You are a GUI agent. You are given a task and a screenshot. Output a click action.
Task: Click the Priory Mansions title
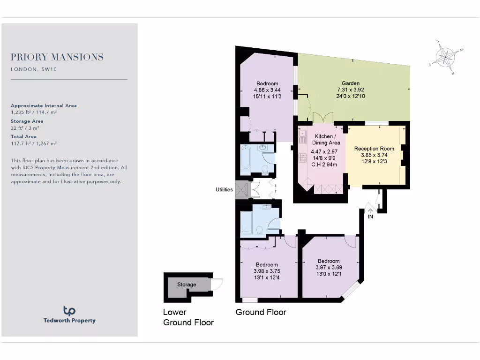click(57, 57)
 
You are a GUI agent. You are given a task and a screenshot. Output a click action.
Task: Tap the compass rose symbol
click(446, 58)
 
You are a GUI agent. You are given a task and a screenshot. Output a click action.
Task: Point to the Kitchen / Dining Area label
click(324, 139)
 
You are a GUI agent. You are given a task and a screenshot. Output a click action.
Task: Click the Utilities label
click(224, 190)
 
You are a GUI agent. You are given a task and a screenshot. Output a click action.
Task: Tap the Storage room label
click(187, 285)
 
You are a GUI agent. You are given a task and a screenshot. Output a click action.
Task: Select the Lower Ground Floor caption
click(188, 317)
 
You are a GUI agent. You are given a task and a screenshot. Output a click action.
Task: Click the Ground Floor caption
click(261, 312)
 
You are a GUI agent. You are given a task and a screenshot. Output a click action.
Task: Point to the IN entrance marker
click(370, 217)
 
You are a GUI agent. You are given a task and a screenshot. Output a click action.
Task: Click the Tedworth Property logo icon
click(69, 310)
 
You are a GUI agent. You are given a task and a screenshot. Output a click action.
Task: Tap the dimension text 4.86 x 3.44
click(267, 90)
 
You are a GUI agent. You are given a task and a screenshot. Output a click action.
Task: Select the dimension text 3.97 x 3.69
click(329, 268)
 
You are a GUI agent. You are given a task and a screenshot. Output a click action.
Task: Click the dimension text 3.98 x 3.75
click(267, 271)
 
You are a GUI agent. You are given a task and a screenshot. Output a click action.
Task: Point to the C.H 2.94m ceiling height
click(324, 165)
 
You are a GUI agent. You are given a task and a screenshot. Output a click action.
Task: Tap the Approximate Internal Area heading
click(44, 106)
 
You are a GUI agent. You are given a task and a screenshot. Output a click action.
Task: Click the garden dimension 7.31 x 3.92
click(351, 90)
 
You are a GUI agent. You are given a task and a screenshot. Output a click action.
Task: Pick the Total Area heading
click(23, 137)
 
